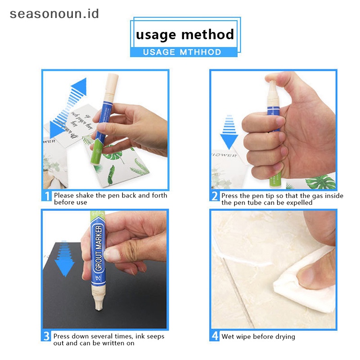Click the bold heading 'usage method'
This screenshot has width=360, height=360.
tap(184, 34)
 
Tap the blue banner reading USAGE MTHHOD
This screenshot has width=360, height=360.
tap(182, 52)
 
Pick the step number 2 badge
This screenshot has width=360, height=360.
tap(215, 196)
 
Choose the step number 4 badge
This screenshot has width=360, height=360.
tap(215, 336)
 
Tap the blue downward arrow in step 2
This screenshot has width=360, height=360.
tap(229, 133)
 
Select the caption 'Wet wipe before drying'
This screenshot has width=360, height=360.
tap(258, 337)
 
